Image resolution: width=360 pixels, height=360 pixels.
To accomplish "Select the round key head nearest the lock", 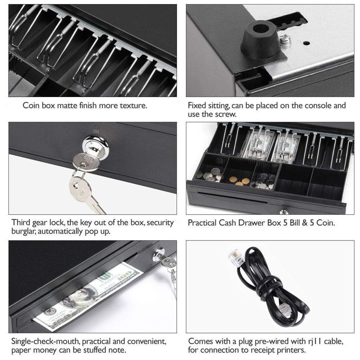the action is pos(86,162).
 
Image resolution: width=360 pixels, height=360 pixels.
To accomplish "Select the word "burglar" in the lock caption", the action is pos(24,231).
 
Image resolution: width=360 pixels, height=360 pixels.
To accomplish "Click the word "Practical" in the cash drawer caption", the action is pos(202,223).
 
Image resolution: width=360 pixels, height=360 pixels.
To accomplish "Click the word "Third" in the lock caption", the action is pos(20,223).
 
